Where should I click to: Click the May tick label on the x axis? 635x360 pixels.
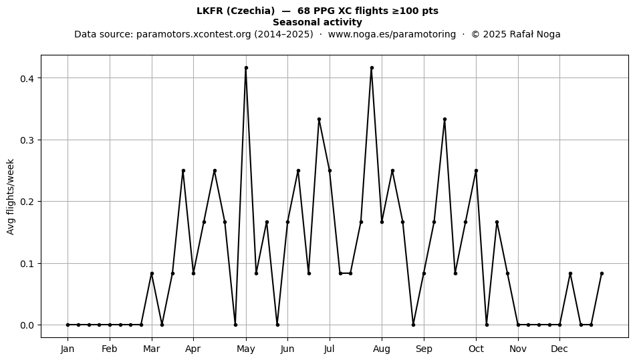pos(246,349)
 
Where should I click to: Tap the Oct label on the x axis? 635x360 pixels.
pos(476,349)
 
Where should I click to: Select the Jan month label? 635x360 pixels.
pos(68,349)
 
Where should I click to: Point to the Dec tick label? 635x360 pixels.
pos(559,349)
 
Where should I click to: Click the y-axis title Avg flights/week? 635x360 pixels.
pos(11,196)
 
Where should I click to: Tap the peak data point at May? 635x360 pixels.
pos(246,68)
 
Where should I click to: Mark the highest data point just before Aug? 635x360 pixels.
pos(372,68)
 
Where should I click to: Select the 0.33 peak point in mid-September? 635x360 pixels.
pos(444,120)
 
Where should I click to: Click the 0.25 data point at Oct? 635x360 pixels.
pos(476,171)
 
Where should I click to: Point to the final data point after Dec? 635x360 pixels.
pos(602,273)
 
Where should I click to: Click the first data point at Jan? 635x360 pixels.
pos(68,325)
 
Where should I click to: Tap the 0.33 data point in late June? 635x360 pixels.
pos(319,120)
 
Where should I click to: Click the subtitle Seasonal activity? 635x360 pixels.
pos(317,22)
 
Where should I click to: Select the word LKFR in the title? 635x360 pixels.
pos(209,11)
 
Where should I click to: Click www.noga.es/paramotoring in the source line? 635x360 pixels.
pos(392,34)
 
